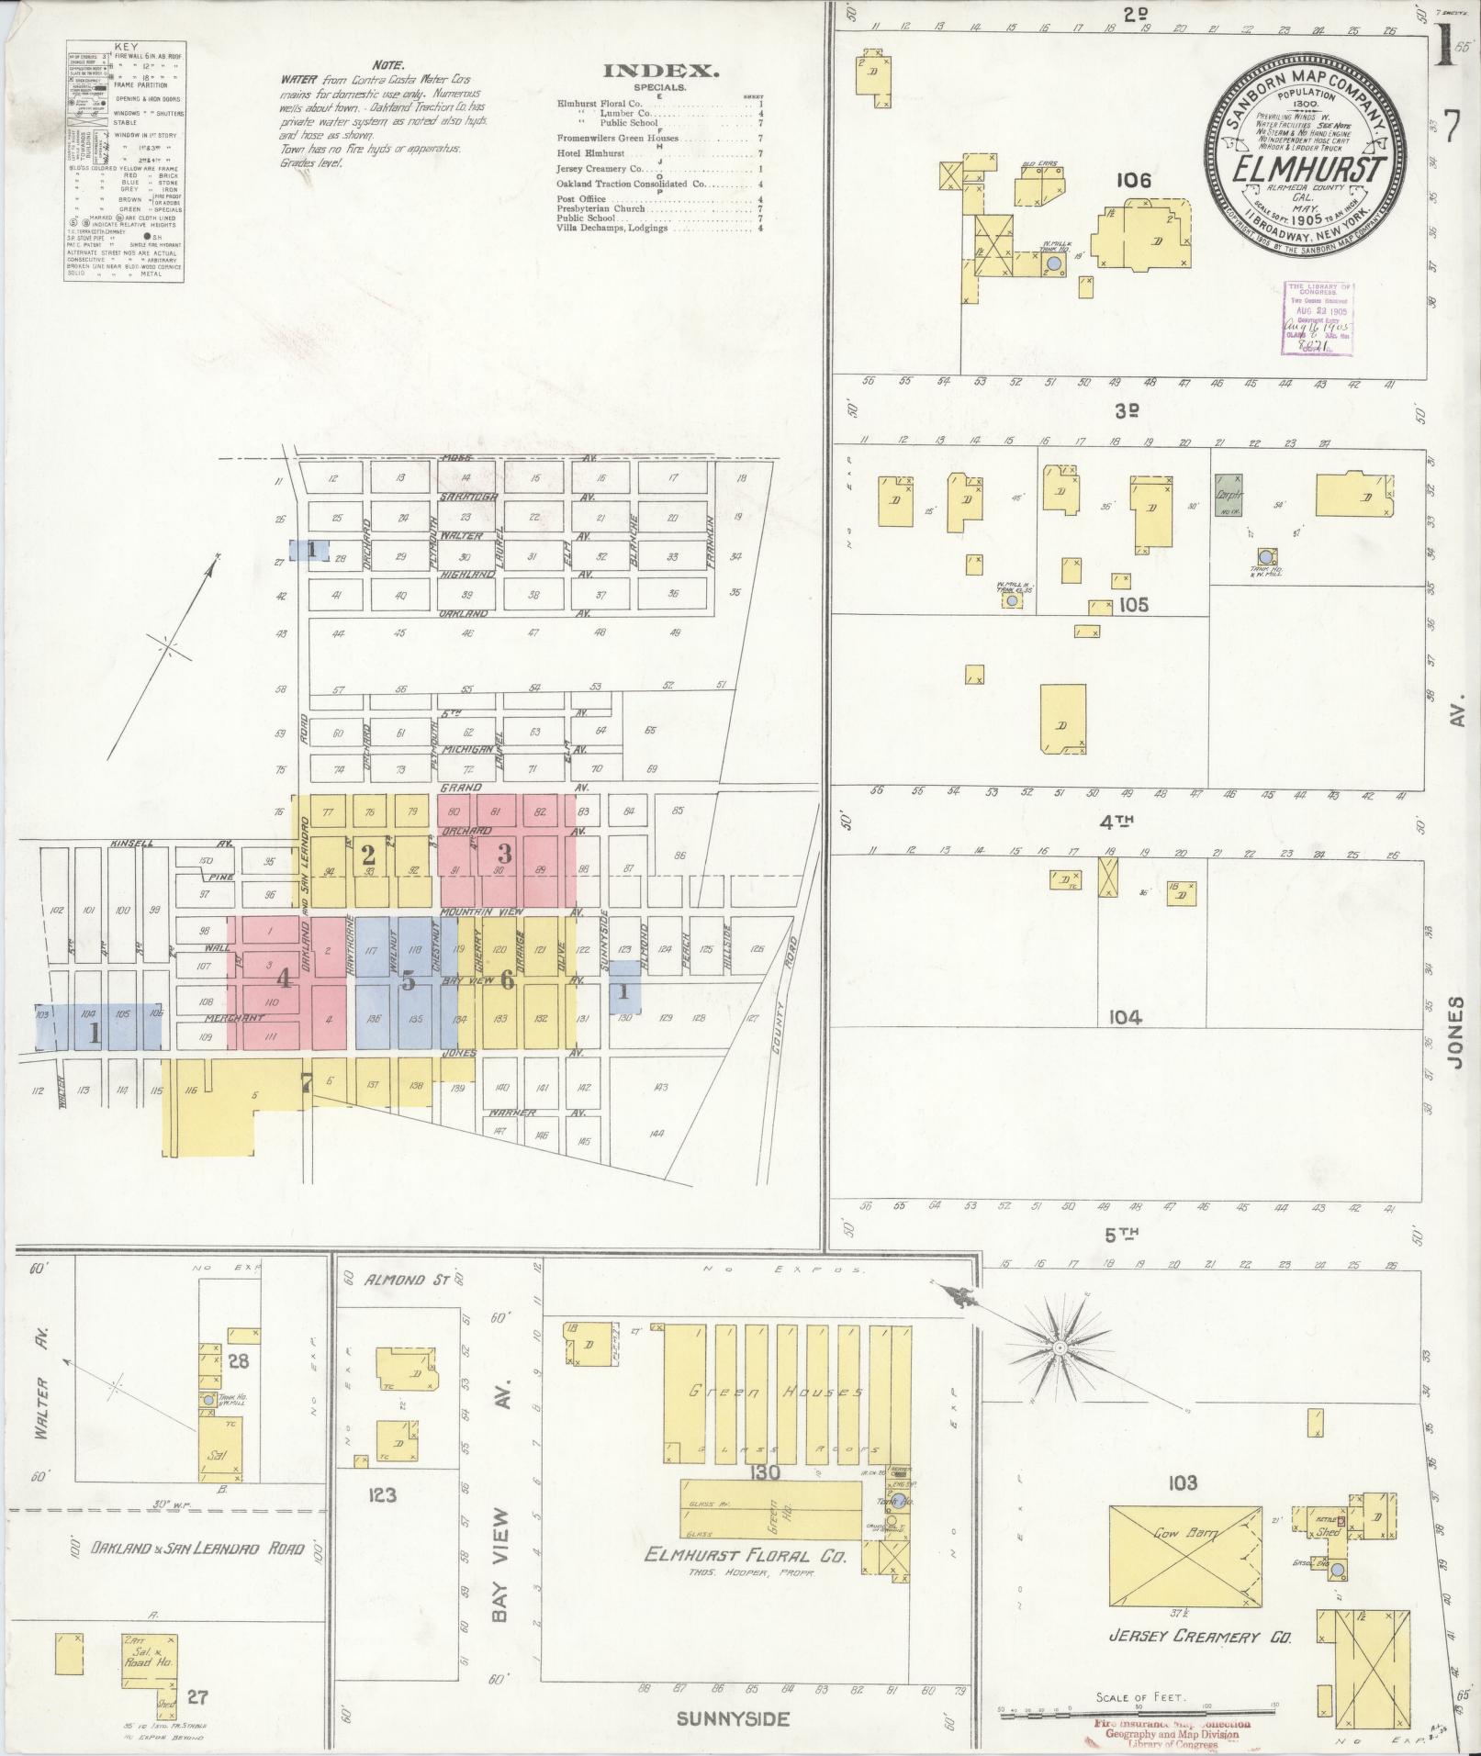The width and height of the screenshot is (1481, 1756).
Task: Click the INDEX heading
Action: click(x=660, y=71)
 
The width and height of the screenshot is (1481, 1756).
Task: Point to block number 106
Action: click(x=1133, y=181)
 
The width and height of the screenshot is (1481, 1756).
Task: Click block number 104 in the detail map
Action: click(x=1124, y=1017)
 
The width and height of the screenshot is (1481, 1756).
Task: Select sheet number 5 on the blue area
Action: click(x=409, y=981)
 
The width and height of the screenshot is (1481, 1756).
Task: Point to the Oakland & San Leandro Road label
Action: click(x=196, y=1548)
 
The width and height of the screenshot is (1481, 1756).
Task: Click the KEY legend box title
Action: click(x=123, y=46)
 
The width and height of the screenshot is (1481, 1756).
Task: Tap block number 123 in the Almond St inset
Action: click(x=382, y=1494)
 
